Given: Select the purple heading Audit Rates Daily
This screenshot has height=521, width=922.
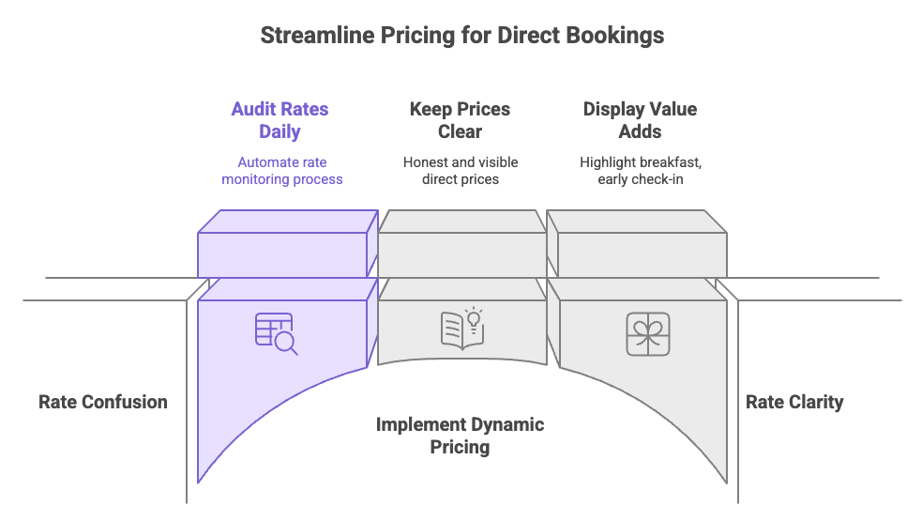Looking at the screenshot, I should pos(280,120).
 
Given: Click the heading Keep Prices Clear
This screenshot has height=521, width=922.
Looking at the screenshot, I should pos(460,120).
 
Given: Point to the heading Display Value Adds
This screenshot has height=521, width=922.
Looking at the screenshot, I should pos(640,120).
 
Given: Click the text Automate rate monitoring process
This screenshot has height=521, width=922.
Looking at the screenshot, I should pos(281,170).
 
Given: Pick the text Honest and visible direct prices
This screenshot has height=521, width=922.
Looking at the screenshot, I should pos(460,170).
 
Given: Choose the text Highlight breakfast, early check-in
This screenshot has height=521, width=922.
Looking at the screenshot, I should pos(640,170).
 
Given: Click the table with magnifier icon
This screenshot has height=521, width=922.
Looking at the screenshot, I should pos(276,333).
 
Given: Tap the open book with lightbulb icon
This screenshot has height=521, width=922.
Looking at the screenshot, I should pos(461,329).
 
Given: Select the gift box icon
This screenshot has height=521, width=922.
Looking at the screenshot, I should pos(648,334).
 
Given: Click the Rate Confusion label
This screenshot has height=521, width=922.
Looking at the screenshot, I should pos(103,402).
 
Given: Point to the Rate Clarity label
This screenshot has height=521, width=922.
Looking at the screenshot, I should pos(794,402).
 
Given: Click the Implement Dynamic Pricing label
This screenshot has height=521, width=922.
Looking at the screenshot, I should pos(460,436).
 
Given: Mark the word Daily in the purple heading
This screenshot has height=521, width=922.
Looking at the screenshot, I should pos(280,131).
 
